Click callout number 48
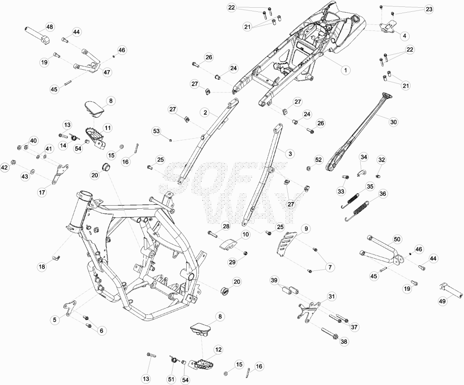tap(50, 27)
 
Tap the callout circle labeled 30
tap(393, 122)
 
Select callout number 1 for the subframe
tap(345, 70)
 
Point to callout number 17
tap(42, 192)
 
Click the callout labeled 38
tap(344, 342)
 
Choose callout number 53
tap(156, 131)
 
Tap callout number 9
tap(306, 229)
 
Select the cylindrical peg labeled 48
tap(36, 36)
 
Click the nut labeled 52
tap(308, 168)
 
